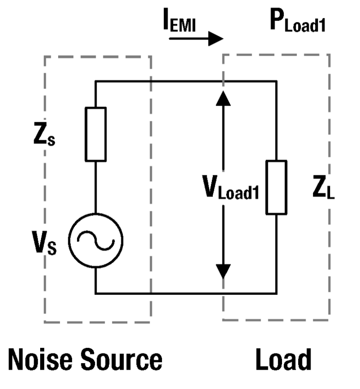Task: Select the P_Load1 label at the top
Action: coord(298,24)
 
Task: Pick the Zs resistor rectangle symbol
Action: coord(96,134)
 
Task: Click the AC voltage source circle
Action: coord(96,238)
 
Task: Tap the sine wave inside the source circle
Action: coord(96,238)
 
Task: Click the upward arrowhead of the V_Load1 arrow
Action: coord(223,98)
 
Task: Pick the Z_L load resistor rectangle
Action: coord(276,187)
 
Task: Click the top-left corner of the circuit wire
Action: coord(96,82)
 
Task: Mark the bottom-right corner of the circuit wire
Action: coord(276,293)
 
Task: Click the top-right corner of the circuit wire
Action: coord(276,82)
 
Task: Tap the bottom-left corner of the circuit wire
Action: coord(96,293)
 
